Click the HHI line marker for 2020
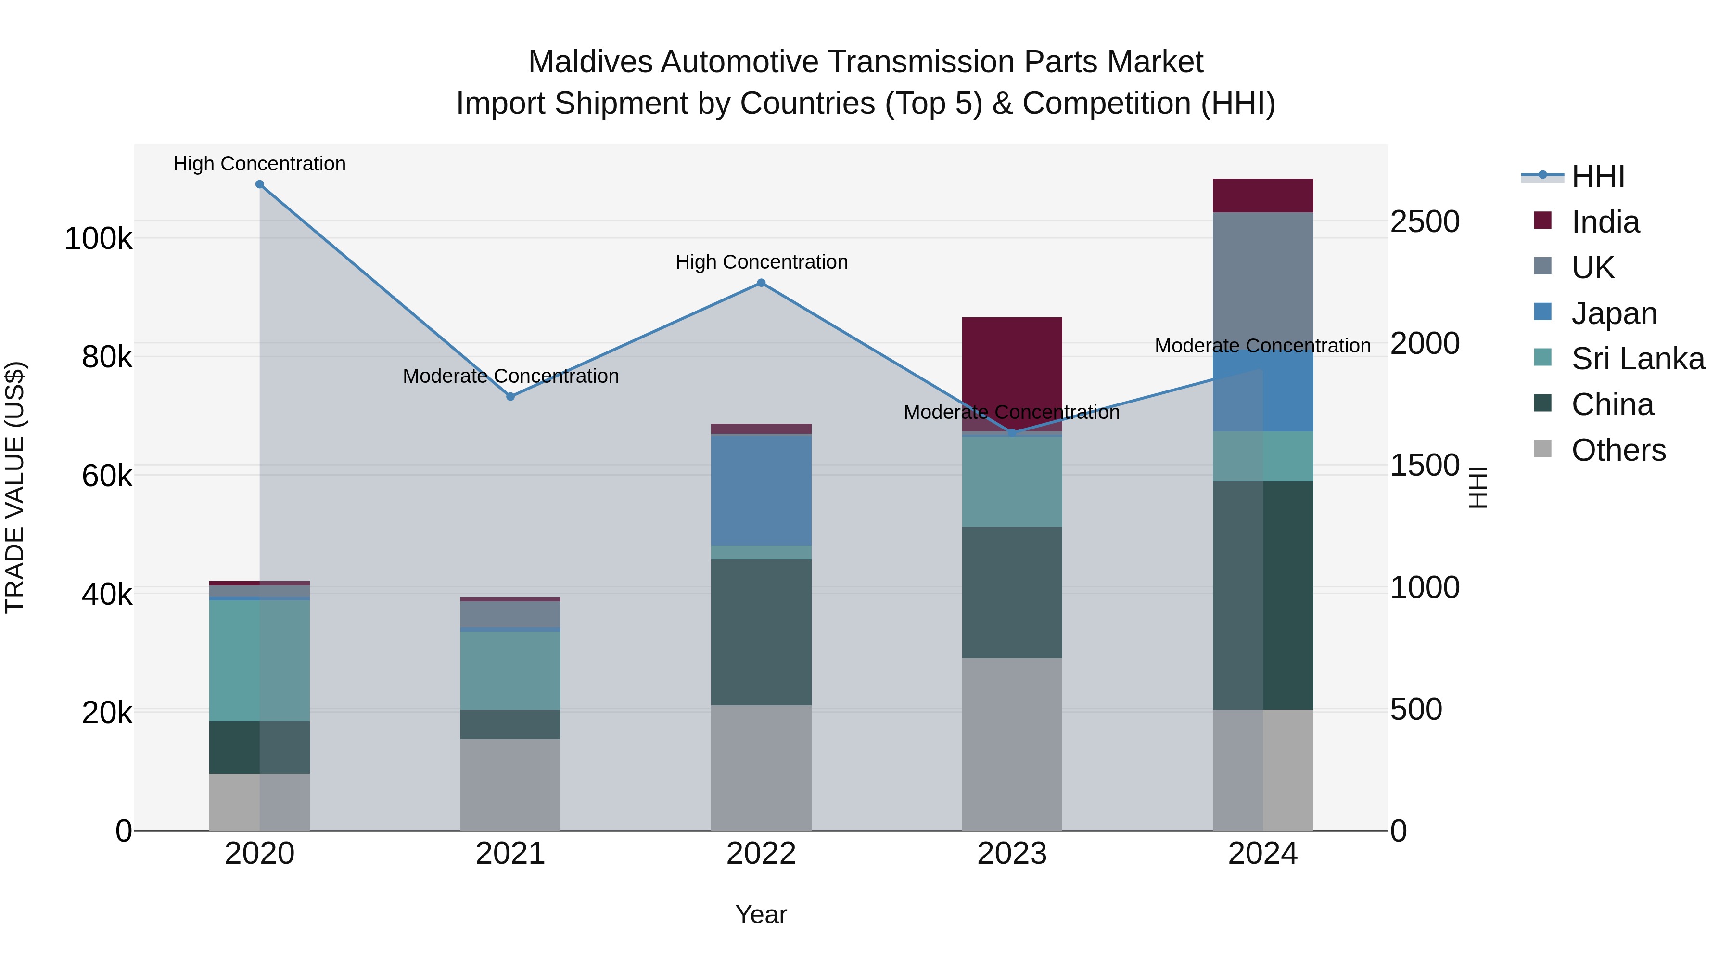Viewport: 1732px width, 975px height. (x=259, y=184)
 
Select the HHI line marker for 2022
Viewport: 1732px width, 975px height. (x=761, y=283)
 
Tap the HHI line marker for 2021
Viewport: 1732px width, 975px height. (x=510, y=397)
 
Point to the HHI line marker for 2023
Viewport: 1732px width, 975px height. (x=1012, y=433)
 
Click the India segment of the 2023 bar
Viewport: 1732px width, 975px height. (x=1012, y=374)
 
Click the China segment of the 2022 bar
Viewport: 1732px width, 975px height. (x=761, y=633)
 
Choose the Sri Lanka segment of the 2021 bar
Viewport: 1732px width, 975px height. (x=510, y=670)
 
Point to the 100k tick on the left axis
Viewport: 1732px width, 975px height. (x=98, y=239)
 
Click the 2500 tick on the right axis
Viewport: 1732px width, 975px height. (x=1425, y=222)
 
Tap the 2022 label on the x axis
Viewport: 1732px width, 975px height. (x=761, y=854)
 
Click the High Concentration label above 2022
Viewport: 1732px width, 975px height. (x=761, y=262)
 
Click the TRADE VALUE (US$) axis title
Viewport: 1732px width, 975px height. (x=15, y=487)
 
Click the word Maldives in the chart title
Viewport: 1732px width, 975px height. (x=590, y=62)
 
